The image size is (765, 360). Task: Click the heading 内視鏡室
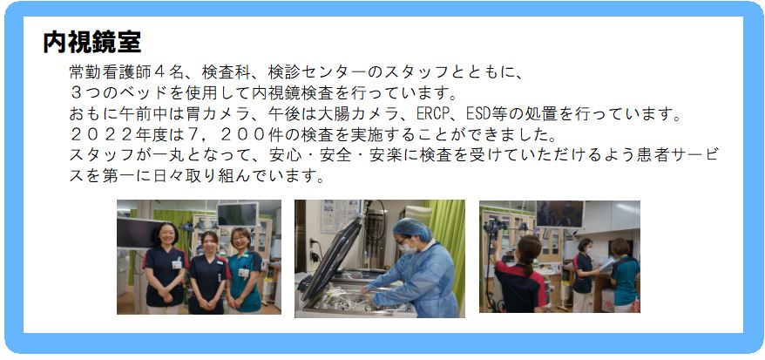pos(92,43)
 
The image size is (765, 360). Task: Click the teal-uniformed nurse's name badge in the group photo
pos(243,273)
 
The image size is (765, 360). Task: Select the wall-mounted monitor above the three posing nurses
pos(238,214)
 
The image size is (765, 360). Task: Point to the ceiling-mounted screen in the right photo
pos(559,214)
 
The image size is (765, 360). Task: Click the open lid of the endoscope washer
pos(332,257)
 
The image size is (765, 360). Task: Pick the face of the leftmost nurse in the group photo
pos(164,236)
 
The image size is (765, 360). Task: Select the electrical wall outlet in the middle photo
pos(312,244)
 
